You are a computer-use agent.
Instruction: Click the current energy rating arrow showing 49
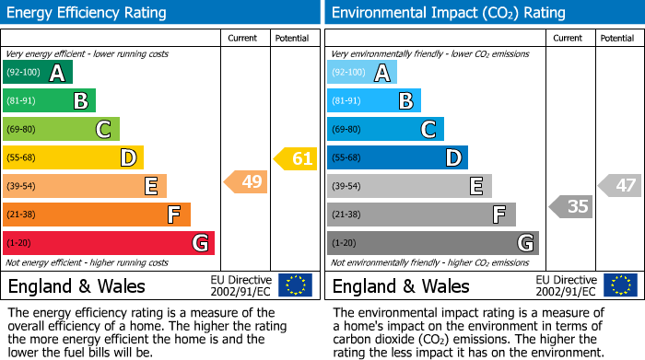[x=246, y=182]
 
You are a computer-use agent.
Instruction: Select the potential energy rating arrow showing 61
[x=295, y=158]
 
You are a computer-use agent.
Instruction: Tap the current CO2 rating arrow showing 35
[x=571, y=206]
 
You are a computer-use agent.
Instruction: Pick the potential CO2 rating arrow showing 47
[x=620, y=185]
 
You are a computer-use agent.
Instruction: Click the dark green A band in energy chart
[x=38, y=73]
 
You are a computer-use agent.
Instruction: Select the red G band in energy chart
[x=109, y=243]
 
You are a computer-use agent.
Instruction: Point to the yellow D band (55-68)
[x=73, y=158]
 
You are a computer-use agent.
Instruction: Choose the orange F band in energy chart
[x=97, y=215]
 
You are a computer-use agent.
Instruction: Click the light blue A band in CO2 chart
[x=362, y=73]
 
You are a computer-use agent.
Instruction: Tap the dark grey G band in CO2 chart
[x=432, y=243]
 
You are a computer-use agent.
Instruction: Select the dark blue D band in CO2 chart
[x=397, y=158]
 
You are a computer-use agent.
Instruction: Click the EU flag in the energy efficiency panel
[x=295, y=285]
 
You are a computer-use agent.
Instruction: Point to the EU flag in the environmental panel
[x=620, y=285]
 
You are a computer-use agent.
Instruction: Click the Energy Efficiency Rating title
[x=87, y=13]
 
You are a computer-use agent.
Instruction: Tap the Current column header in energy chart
[x=242, y=38]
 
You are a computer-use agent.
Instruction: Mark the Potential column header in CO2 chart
[x=617, y=38]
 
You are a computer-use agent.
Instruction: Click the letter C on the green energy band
[x=104, y=130]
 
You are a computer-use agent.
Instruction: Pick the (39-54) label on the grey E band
[x=346, y=187]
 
